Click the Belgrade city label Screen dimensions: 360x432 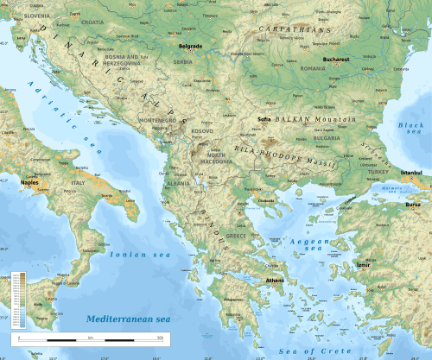coord(189,44)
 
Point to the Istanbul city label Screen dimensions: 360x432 coord(410,173)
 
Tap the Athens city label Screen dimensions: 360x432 coord(276,281)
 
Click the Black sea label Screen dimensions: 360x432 coord(411,129)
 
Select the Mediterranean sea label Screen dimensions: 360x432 coord(128,319)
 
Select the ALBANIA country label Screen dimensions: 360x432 coord(179,184)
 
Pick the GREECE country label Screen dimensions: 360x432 coord(236,235)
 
